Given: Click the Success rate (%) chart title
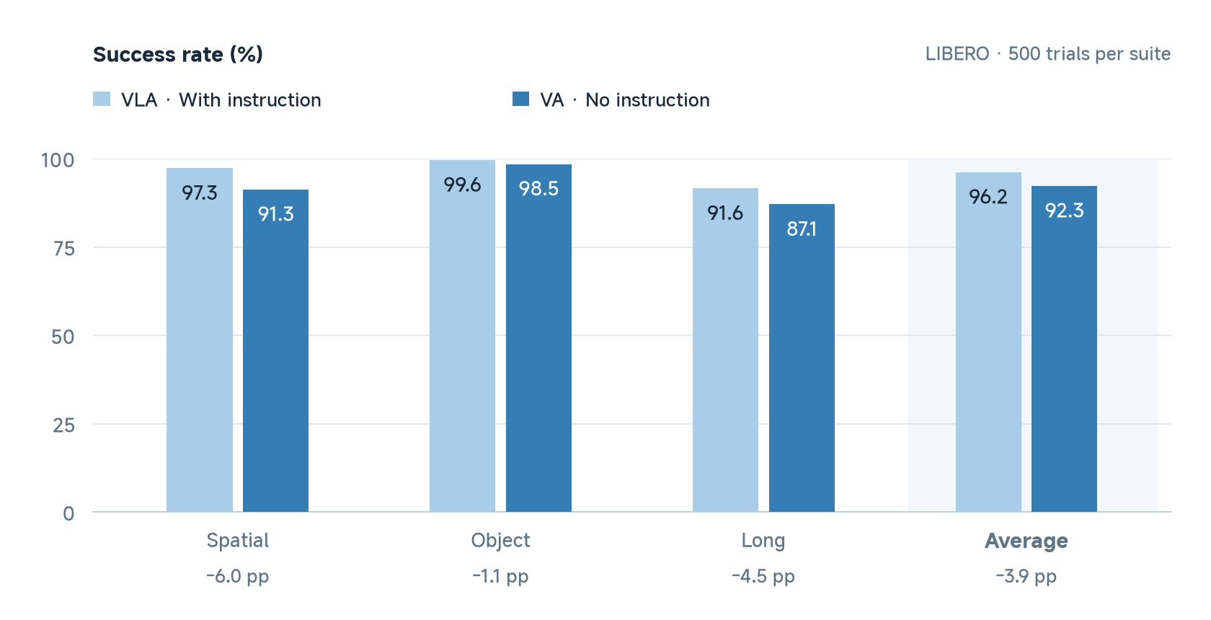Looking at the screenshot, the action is coord(178,54).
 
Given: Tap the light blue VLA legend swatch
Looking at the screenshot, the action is coord(102,99).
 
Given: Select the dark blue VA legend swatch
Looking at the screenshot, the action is coord(520,99).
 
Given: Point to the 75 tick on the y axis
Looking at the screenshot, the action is coord(63,248).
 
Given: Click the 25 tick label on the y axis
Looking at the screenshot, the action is coord(63,425).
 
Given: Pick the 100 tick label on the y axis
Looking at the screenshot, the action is coord(58,160).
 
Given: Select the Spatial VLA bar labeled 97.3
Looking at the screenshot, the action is coord(200,340).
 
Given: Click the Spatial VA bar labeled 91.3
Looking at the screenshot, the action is coord(275,351).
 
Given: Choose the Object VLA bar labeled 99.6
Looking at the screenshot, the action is coord(462,336).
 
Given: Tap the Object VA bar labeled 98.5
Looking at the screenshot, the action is coord(538,338).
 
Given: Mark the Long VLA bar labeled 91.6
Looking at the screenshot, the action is coord(725,350).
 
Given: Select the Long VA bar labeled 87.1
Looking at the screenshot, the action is coord(802,358).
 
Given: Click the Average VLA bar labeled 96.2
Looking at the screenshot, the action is coord(988,342).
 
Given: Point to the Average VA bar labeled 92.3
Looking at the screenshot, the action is coord(1065,349).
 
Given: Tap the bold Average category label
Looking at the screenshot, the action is coord(1026,541).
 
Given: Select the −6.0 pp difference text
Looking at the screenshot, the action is coord(238,576).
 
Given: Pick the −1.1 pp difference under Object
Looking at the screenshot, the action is coord(500,576).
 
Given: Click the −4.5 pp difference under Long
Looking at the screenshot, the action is coord(763,576).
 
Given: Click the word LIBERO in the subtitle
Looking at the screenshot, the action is coord(957,54).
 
